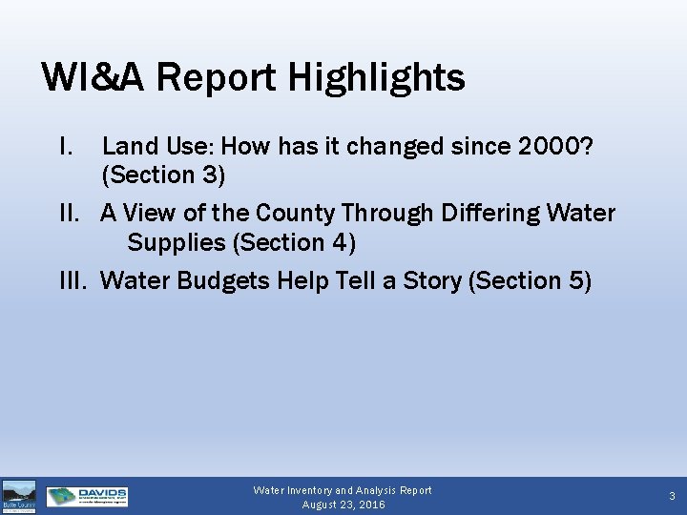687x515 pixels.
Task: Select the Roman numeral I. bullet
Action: coord(67,146)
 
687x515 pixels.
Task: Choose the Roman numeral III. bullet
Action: coord(76,280)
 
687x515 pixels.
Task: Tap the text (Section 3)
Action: coord(163,175)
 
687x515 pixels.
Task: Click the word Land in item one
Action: coord(128,146)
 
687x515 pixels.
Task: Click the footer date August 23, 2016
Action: coord(343,505)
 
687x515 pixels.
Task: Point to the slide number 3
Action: coord(672,496)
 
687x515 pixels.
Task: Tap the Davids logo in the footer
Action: coord(87,497)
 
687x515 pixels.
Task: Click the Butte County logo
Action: coord(19,497)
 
